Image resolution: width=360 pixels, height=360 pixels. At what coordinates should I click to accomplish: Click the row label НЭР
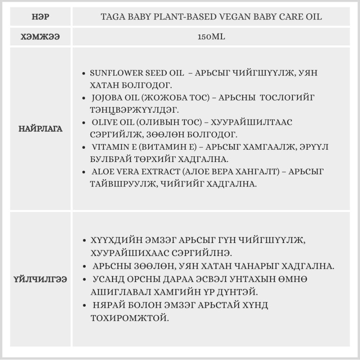click(x=40, y=17)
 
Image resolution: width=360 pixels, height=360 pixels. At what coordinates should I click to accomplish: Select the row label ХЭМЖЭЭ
click(x=40, y=36)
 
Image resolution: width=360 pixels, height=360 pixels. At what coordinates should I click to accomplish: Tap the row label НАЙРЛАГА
click(x=40, y=129)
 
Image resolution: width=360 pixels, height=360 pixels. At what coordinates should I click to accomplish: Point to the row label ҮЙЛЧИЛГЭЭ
click(x=40, y=279)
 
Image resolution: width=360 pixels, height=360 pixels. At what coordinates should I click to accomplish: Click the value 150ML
click(x=211, y=36)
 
